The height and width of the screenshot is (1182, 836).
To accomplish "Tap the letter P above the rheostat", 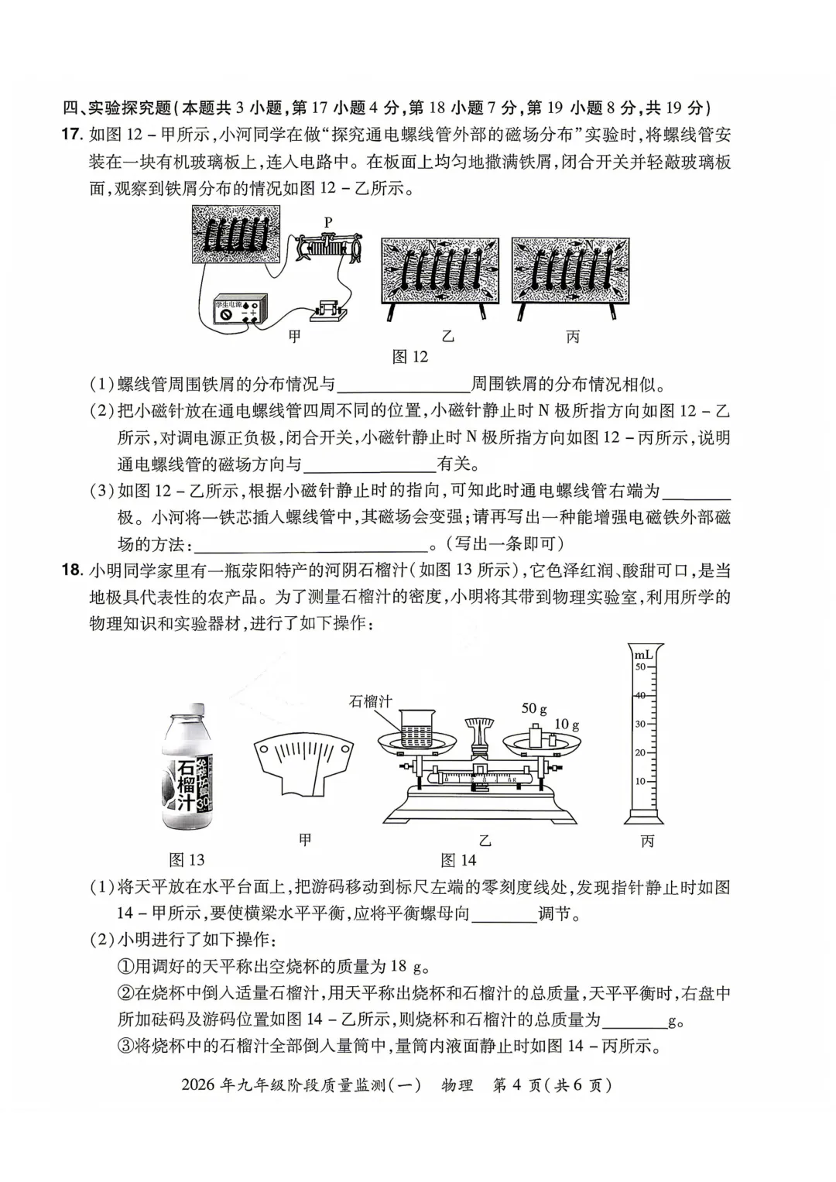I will pos(328,222).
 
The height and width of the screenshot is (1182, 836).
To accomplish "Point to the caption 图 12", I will pos(409,356).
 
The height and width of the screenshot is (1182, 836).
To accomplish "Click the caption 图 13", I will pos(187,860).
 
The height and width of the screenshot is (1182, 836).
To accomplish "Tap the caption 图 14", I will pos(458,860).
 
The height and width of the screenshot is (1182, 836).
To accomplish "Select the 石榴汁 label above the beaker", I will pos(370,701).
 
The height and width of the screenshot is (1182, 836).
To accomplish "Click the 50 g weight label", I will pos(534,708).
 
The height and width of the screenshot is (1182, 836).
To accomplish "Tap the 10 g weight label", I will pos(566,725).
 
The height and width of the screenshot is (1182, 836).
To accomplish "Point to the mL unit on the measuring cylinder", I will pos(644,655).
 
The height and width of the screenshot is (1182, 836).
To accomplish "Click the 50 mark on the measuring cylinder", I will pos(639,667).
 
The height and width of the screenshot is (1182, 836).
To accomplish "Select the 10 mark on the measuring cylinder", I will pos(639,781).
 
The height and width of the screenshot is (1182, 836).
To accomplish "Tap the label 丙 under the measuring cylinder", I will pos(647,841).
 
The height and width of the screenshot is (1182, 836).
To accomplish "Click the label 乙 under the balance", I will pos(485,841).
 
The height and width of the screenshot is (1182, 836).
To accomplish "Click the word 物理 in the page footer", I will pos(457,1084).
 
